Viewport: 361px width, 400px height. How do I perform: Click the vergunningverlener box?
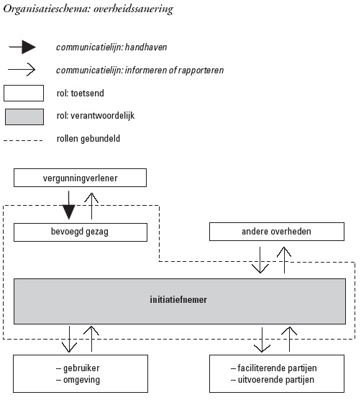[80, 178]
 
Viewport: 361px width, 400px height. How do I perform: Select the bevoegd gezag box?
[81, 232]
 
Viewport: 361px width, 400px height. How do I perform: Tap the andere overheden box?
[277, 232]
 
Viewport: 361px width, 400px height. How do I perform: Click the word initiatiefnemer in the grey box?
[178, 299]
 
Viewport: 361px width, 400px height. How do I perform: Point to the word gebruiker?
[81, 368]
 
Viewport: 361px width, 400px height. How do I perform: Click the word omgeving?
[81, 380]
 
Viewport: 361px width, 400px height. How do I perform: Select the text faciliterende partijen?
[277, 368]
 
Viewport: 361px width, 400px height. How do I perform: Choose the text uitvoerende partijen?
[276, 380]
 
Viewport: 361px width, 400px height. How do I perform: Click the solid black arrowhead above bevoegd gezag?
[69, 212]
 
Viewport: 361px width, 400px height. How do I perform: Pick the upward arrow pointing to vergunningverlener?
[91, 206]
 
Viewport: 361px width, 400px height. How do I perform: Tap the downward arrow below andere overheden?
[260, 260]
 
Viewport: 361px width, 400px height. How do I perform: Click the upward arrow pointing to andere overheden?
[284, 260]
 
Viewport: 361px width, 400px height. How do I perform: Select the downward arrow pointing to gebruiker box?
[69, 339]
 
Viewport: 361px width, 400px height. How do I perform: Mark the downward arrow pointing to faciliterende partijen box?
[262, 340]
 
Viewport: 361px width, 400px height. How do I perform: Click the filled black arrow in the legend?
[22, 47]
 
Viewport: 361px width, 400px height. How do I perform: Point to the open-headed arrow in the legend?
[22, 69]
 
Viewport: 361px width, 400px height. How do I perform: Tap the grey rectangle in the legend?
[24, 117]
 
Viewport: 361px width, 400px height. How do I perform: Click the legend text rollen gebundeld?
[88, 139]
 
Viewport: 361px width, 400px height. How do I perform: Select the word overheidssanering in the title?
[133, 9]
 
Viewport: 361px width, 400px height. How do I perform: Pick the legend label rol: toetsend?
[81, 93]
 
